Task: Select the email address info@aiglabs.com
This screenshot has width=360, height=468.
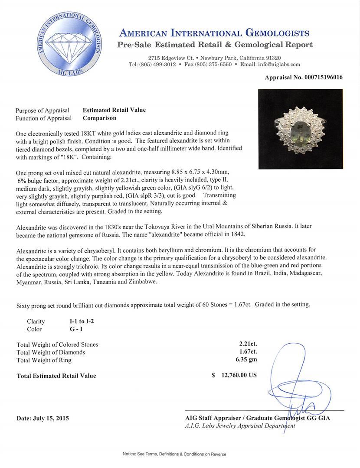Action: [x=278, y=65]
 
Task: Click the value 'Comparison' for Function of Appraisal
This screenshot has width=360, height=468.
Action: [x=99, y=118]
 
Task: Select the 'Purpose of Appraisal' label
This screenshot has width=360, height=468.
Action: [x=43, y=110]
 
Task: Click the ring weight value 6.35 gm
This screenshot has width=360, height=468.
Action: [x=245, y=360]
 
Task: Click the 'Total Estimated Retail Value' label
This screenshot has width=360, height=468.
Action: [x=56, y=376]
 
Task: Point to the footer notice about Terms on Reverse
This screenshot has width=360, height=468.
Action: [x=180, y=454]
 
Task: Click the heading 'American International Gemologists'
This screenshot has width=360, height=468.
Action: [x=214, y=33]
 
